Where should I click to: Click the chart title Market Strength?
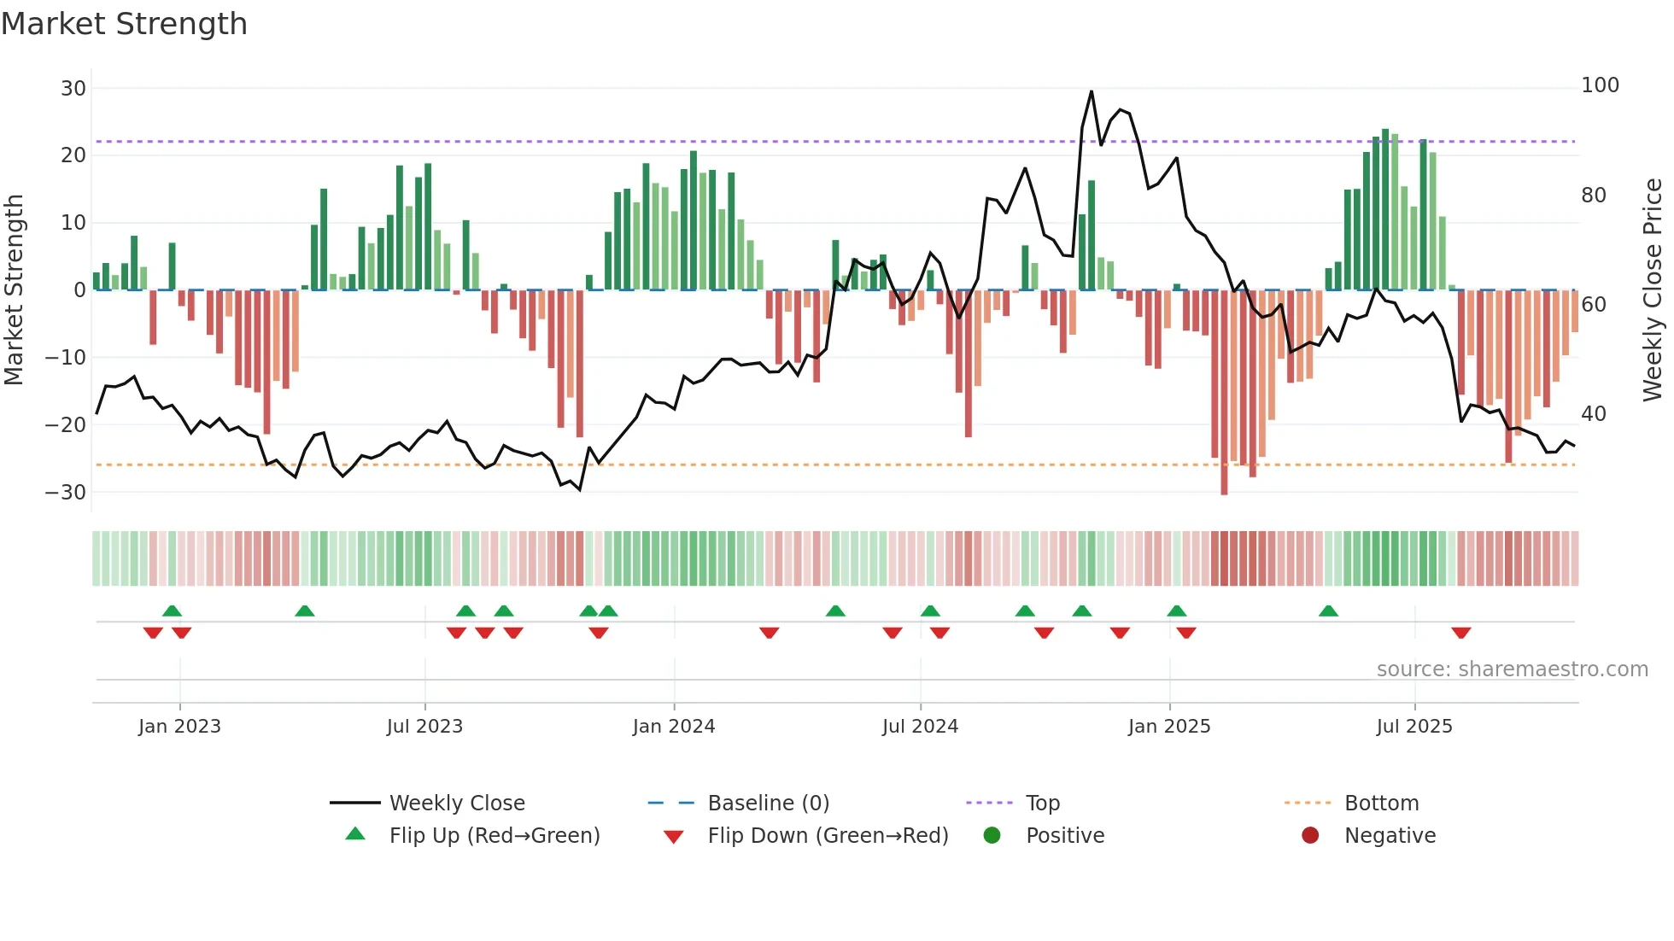[x=125, y=24]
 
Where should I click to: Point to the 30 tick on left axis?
[x=73, y=88]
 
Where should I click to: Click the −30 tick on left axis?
[x=66, y=492]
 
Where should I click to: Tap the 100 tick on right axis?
[x=1600, y=85]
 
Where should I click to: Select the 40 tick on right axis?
[x=1594, y=414]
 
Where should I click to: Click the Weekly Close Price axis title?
[x=1653, y=290]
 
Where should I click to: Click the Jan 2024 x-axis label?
[x=673, y=727]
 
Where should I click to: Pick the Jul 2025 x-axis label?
[x=1414, y=727]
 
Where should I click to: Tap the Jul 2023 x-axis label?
[x=424, y=727]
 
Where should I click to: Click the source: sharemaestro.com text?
[x=1512, y=669]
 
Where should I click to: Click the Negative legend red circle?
[x=1310, y=835]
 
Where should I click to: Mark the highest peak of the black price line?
[x=1092, y=91]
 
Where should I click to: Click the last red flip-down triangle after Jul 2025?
[x=1460, y=633]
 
